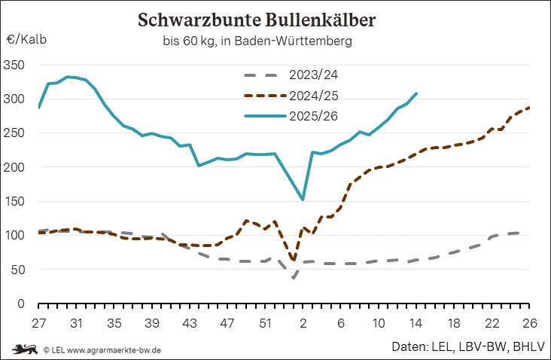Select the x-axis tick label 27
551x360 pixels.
pyautogui.click(x=38, y=322)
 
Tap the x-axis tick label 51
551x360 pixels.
pyautogui.click(x=265, y=322)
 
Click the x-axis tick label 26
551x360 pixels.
pyautogui.click(x=530, y=322)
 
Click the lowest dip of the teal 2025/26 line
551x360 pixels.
pyautogui.click(x=303, y=200)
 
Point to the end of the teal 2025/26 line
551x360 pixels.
pyautogui.click(x=417, y=93)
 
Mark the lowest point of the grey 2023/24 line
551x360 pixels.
pyautogui.click(x=294, y=278)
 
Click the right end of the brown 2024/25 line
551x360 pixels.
pyautogui.click(x=530, y=108)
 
